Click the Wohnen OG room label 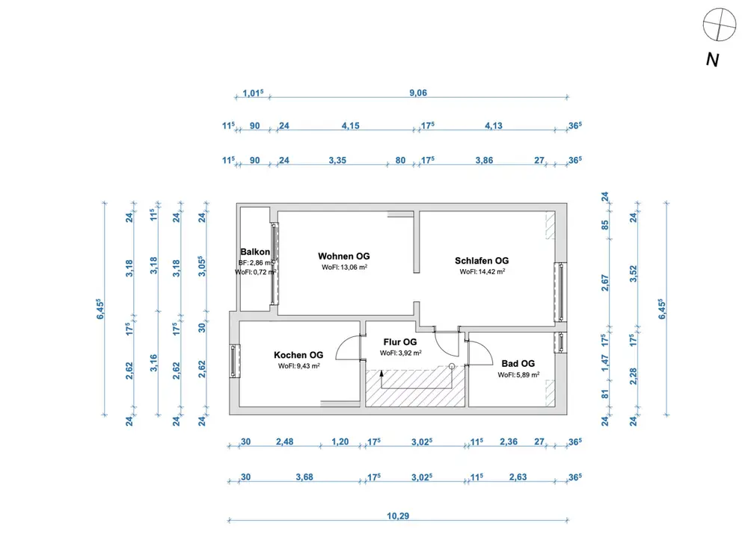[x=343, y=256]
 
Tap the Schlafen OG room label [x=482, y=261]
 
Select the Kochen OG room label [x=298, y=355]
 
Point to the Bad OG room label [x=518, y=363]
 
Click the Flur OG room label [x=400, y=342]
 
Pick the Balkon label [x=255, y=252]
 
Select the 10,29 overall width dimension [x=397, y=516]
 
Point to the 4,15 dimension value [x=350, y=126]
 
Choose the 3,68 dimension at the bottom [x=304, y=477]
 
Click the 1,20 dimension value [x=340, y=442]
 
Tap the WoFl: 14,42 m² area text [x=482, y=272]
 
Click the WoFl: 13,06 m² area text [x=344, y=267]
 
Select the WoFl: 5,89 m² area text [x=518, y=375]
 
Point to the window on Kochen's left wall [x=235, y=360]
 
